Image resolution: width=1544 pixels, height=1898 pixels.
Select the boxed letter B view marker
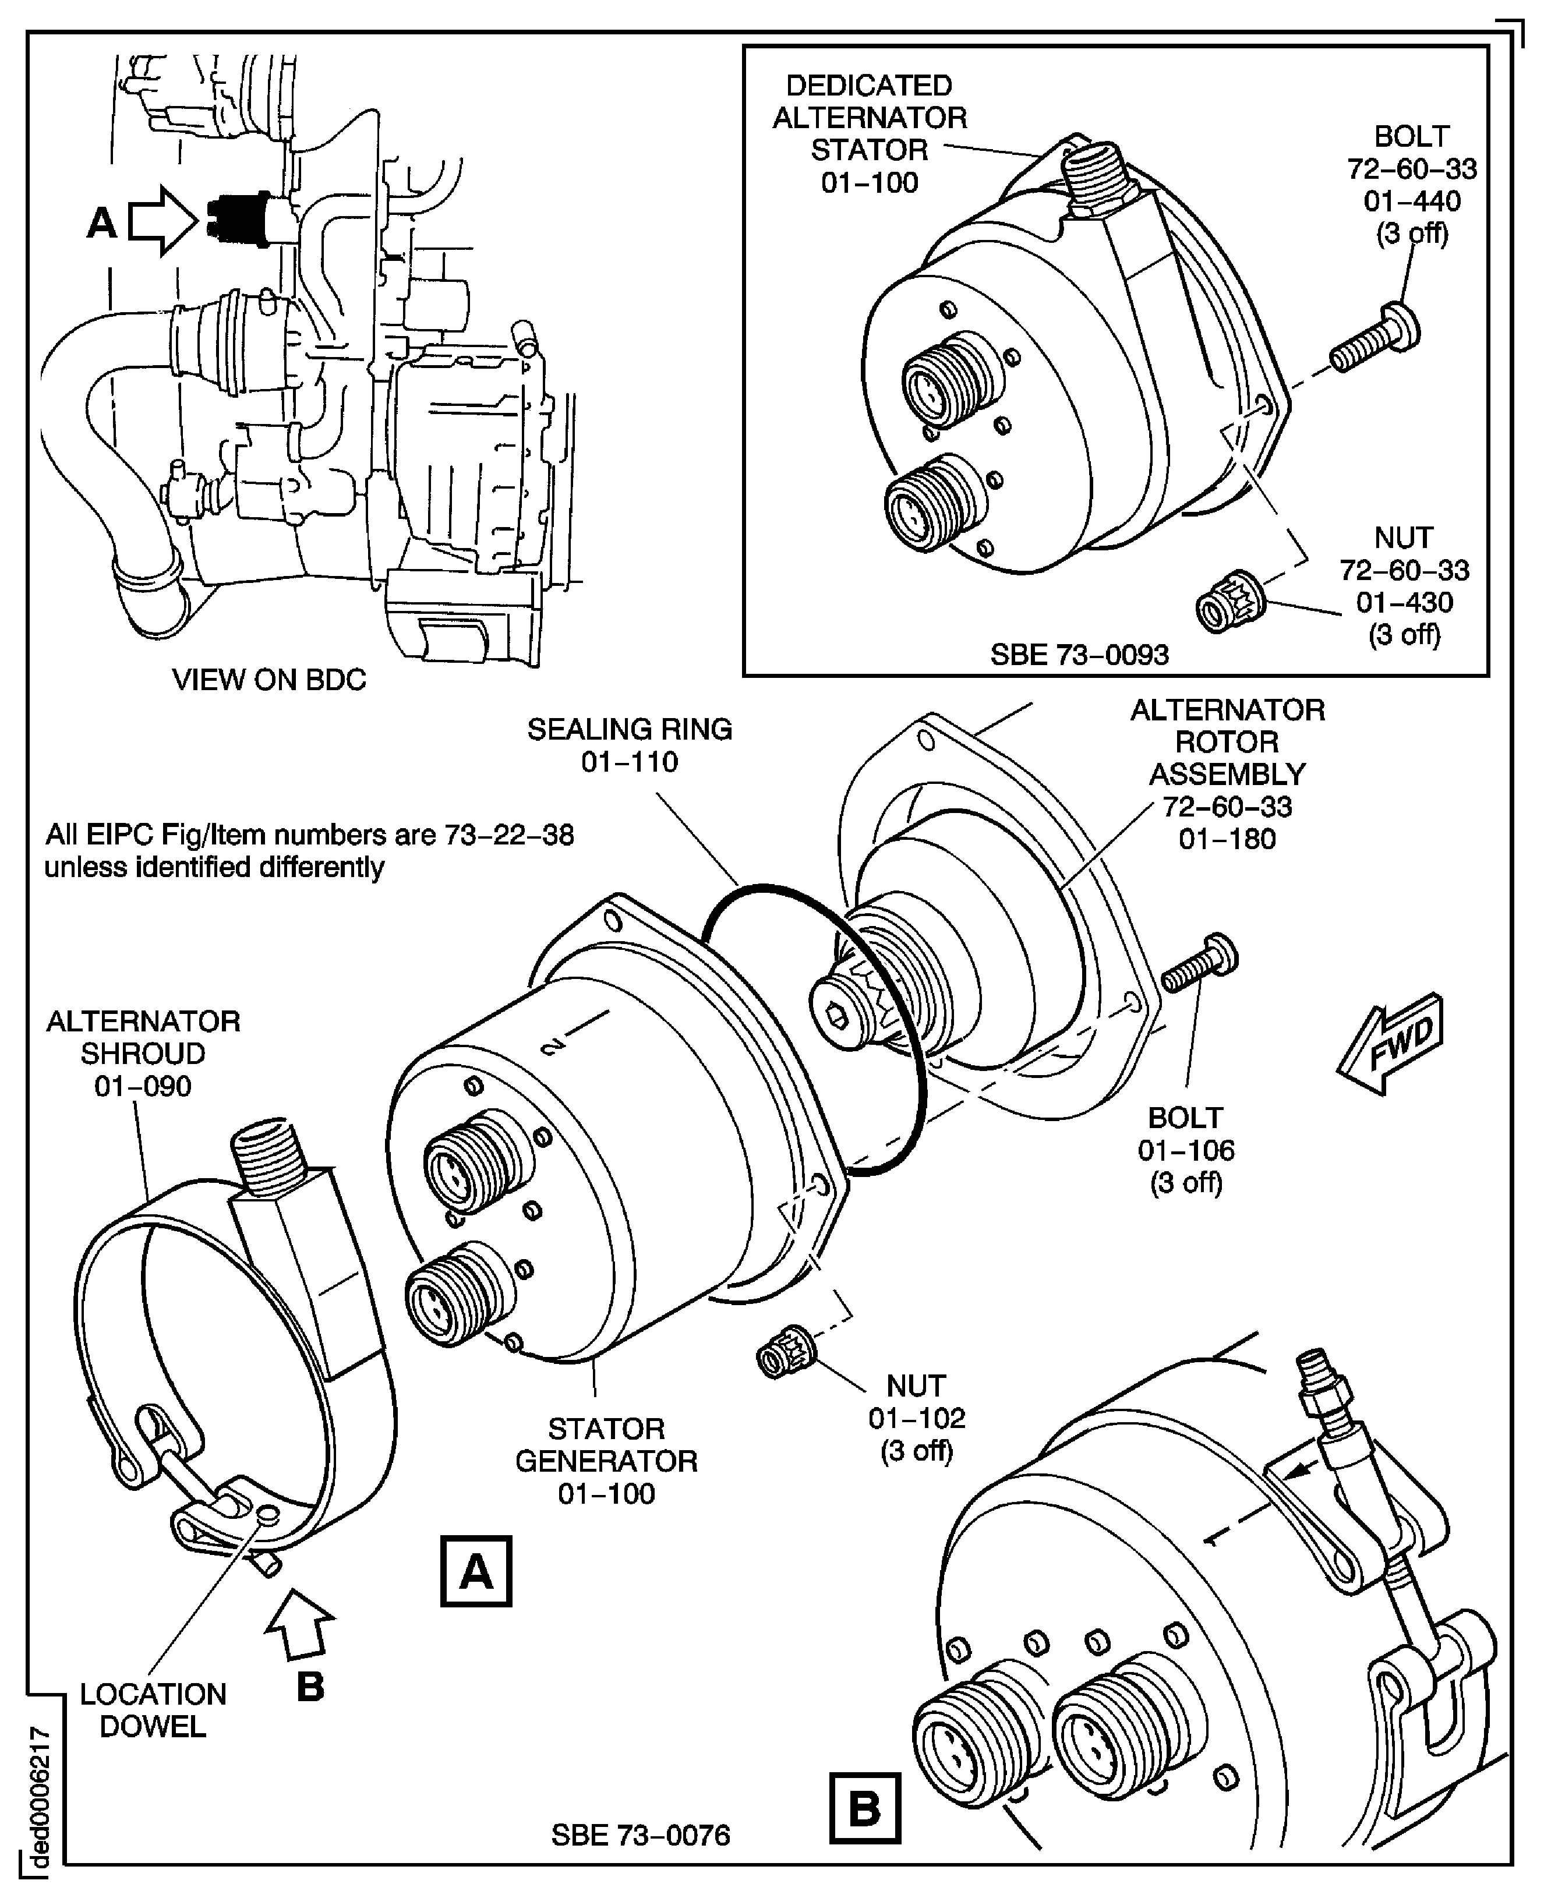864,1808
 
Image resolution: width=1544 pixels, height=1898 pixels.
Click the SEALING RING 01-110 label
629,745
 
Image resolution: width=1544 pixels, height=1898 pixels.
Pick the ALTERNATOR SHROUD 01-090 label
142,1053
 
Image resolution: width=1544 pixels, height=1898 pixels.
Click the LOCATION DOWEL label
153,1710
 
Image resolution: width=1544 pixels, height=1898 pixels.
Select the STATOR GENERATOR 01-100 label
606,1461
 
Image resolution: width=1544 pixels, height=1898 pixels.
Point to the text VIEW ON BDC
268,680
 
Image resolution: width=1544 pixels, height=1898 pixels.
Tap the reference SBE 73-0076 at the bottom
640,1835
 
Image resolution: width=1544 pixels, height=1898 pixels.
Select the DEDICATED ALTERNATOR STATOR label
869,133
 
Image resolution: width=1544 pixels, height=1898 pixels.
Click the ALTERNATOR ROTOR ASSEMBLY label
1227,774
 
